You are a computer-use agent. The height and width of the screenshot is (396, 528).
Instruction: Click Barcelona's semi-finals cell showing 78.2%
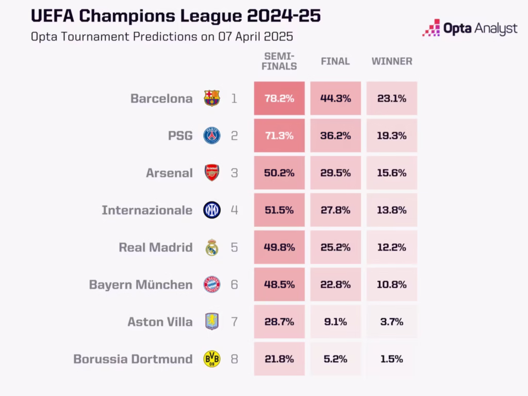coord(279,98)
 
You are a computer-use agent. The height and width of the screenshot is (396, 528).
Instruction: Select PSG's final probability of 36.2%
coord(335,136)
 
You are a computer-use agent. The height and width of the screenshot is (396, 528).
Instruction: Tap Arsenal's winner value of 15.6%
coord(392,173)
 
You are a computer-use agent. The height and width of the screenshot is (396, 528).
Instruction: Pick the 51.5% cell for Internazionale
coord(279,210)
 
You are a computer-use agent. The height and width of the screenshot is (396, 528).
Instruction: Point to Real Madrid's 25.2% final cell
coord(335,247)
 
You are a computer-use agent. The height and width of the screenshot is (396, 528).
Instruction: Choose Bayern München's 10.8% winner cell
coord(392,284)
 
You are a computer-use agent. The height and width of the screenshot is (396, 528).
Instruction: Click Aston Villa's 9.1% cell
coord(335,322)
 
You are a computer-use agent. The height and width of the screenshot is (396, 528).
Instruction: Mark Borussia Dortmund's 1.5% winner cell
coord(392,359)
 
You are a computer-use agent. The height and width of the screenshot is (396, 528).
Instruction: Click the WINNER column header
coord(392,61)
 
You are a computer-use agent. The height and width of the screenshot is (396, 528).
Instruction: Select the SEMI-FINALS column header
coord(280,61)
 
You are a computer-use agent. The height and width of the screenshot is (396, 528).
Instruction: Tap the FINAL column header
coord(335,61)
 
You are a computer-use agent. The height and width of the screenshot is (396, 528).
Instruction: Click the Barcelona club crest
coord(211,98)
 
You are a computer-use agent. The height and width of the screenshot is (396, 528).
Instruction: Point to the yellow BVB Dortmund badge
coord(211,359)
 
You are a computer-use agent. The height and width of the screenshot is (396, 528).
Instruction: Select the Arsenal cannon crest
coord(211,173)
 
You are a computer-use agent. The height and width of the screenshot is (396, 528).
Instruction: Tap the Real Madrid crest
coord(211,247)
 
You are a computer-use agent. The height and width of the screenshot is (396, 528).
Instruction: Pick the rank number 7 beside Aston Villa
coord(234,322)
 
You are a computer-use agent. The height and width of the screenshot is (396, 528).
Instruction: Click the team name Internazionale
coord(147,210)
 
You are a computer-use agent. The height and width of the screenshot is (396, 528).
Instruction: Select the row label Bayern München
coord(141,285)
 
